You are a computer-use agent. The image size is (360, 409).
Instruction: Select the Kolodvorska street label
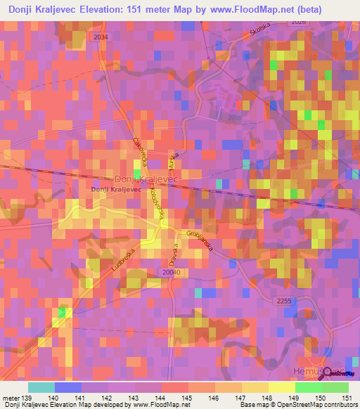click(x=157, y=207)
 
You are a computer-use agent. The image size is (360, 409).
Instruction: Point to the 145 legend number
click(x=188, y=399)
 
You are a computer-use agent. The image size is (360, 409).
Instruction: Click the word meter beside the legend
click(x=10, y=399)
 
